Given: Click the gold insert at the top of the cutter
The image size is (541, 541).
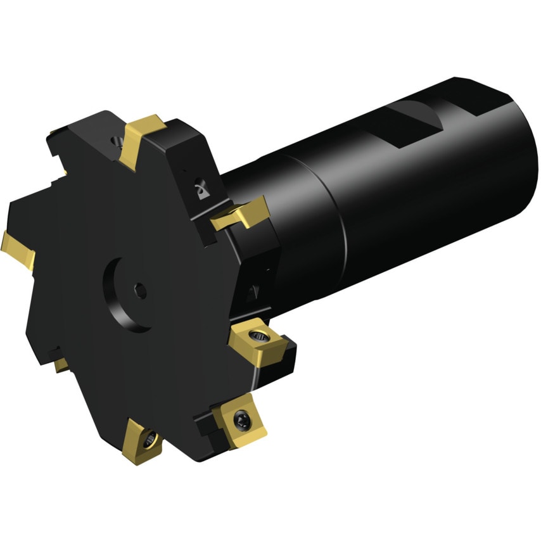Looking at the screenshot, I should point(140,139).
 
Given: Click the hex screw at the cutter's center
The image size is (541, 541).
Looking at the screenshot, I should point(141,291).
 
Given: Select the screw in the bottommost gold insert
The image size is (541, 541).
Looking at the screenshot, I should point(150,436).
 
